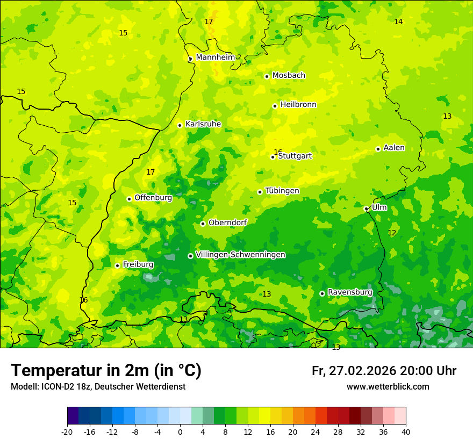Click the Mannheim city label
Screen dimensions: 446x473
point(215,57)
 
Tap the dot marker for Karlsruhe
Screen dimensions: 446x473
point(180,125)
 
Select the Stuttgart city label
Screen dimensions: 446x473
point(295,156)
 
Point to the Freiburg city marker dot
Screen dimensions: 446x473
point(117,265)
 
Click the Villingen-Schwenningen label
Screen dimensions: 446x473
point(240,255)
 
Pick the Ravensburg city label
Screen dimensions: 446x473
point(350,292)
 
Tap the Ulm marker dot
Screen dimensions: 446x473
point(366,208)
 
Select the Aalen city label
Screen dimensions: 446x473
point(394,148)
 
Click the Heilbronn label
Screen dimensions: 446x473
point(298,104)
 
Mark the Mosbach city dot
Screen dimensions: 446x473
point(267,76)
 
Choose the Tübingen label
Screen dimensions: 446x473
point(282,191)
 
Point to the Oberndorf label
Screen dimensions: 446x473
point(228,222)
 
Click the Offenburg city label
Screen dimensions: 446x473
point(153,197)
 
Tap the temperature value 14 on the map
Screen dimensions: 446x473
point(398,21)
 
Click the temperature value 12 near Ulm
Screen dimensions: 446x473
point(392,233)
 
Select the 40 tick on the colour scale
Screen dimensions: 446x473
point(406,432)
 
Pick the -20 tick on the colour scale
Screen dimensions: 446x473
point(67,432)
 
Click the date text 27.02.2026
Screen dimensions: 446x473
point(363,371)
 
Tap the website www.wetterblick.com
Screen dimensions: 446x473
point(388,386)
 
